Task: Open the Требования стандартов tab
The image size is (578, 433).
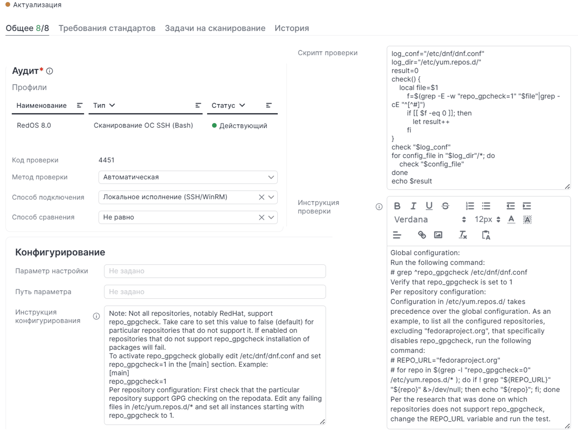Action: (107, 28)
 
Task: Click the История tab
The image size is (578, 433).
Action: (291, 28)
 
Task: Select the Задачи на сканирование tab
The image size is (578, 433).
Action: (215, 28)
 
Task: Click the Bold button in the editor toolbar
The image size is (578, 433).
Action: (397, 206)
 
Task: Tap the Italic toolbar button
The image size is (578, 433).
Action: (413, 206)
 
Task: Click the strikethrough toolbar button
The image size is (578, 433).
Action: (445, 206)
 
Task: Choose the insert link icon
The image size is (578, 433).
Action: (422, 235)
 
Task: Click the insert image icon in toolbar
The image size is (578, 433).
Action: (438, 235)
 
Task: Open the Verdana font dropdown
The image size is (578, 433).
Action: (430, 219)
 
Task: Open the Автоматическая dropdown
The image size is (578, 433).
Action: (188, 177)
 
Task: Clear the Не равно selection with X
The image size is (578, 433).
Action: (261, 217)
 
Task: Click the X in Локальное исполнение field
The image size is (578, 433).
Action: (261, 197)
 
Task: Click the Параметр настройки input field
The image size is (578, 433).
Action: (215, 271)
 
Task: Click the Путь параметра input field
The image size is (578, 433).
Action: (215, 292)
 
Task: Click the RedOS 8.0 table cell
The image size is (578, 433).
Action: (34, 125)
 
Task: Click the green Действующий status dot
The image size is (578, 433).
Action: (214, 126)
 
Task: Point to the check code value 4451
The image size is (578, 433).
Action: (106, 160)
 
